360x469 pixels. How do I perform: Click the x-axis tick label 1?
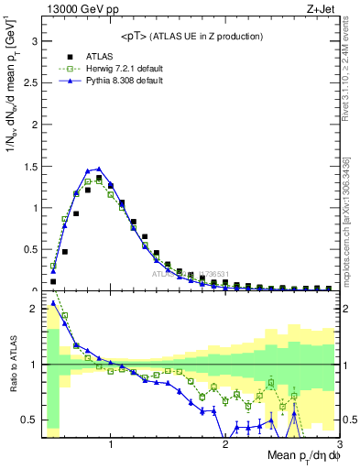(x=111, y=444)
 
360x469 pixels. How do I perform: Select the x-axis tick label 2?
(x=225, y=444)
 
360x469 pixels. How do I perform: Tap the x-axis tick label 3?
(x=338, y=444)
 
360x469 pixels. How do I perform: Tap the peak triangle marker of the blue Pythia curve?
(x=99, y=169)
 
